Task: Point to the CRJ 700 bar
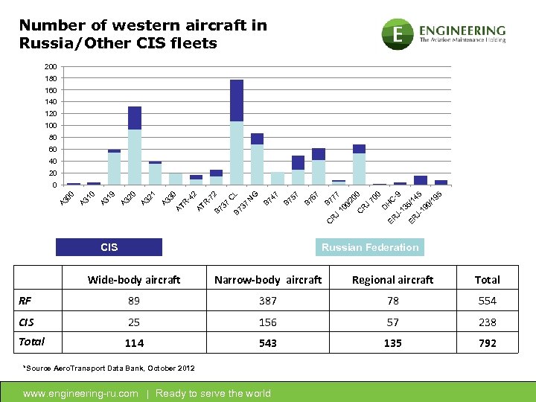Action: pyautogui.click(x=359, y=165)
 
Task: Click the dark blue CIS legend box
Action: pyautogui.click(x=109, y=247)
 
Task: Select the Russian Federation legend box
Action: pyautogui.click(x=370, y=247)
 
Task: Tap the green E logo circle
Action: pyautogui.click(x=398, y=33)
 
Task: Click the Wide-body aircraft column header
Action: pyautogui.click(x=134, y=280)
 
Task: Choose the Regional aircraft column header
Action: pyautogui.click(x=392, y=280)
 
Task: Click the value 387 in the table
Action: pyautogui.click(x=268, y=301)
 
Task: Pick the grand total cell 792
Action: pyautogui.click(x=488, y=343)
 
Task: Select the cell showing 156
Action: pyautogui.click(x=268, y=322)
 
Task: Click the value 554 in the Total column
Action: pyautogui.click(x=488, y=301)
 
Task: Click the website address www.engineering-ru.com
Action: pyautogui.click(x=81, y=393)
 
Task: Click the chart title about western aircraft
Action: pyautogui.click(x=143, y=34)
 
